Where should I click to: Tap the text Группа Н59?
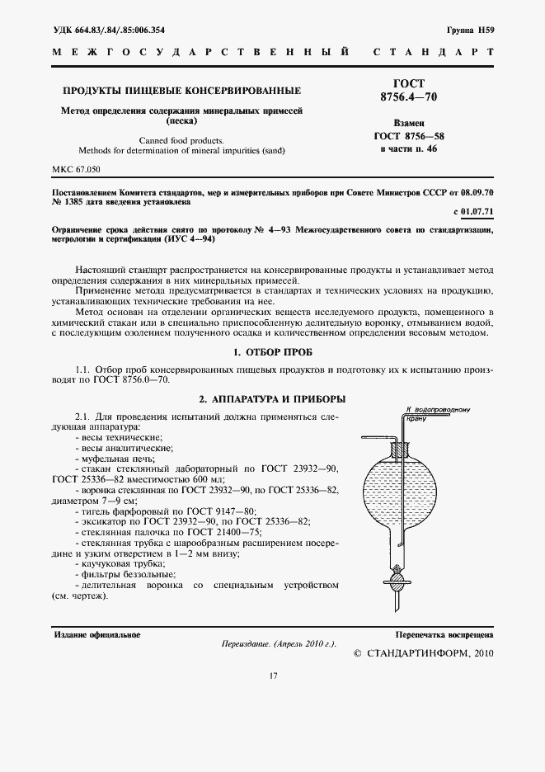click(470, 31)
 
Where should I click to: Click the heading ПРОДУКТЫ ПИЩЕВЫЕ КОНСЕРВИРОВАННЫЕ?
click(182, 90)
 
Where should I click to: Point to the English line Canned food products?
click(182, 140)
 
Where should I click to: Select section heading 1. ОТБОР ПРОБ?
click(272, 352)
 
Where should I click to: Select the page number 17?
click(272, 676)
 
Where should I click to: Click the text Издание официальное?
click(97, 634)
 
